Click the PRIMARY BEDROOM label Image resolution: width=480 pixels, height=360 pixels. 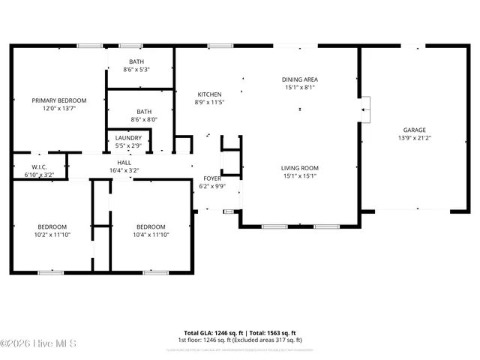(58, 100)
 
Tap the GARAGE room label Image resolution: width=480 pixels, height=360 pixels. (414, 130)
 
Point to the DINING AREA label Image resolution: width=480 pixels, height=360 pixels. (299, 79)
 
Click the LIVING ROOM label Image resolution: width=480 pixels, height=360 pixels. (299, 168)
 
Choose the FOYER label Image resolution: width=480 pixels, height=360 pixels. (211, 178)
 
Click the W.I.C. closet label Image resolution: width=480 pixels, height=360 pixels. (40, 166)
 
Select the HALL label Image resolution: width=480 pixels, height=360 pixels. (124, 163)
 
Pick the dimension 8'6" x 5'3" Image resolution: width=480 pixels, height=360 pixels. (136, 70)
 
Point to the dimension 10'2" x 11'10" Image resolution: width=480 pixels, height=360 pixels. (52, 235)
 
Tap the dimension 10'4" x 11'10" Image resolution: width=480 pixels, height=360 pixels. (151, 235)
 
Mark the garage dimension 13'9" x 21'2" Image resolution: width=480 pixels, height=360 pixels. (414, 138)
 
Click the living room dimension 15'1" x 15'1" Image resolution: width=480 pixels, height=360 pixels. (299, 176)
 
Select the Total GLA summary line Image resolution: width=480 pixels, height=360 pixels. (240, 332)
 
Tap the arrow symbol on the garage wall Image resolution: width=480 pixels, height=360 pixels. (364, 110)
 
